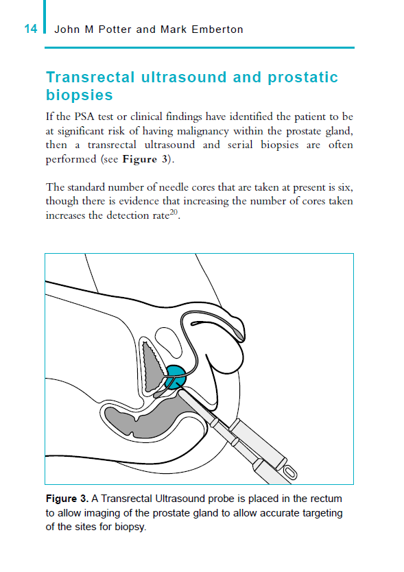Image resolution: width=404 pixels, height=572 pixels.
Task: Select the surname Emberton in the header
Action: [x=219, y=29]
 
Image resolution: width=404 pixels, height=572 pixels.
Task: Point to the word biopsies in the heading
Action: [x=79, y=95]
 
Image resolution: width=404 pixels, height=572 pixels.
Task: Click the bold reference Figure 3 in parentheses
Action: [x=145, y=160]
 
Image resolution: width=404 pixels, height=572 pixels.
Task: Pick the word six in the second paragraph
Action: [x=345, y=187]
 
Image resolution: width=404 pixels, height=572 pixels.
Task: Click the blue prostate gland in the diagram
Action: [x=176, y=377]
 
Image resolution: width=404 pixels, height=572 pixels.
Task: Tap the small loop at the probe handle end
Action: [x=290, y=473]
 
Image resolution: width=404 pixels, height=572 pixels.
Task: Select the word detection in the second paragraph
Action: [x=140, y=215]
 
